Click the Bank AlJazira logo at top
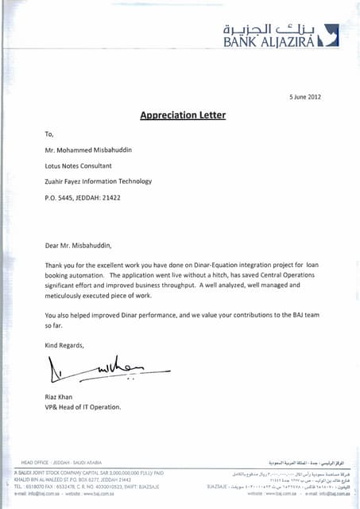tap(281, 36)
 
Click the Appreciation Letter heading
tap(183, 115)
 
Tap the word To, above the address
tap(49, 134)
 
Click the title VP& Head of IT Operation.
tap(83, 406)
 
